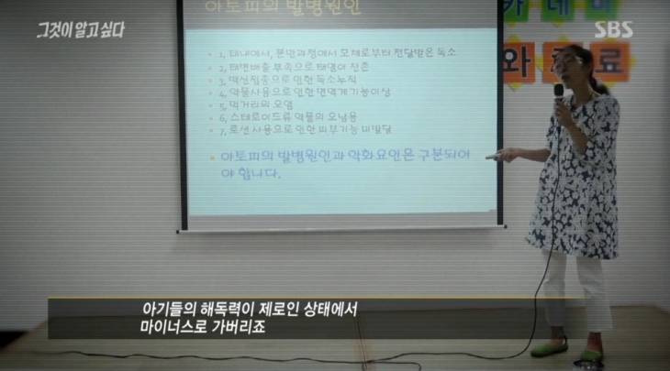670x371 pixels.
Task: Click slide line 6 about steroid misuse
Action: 285,130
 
